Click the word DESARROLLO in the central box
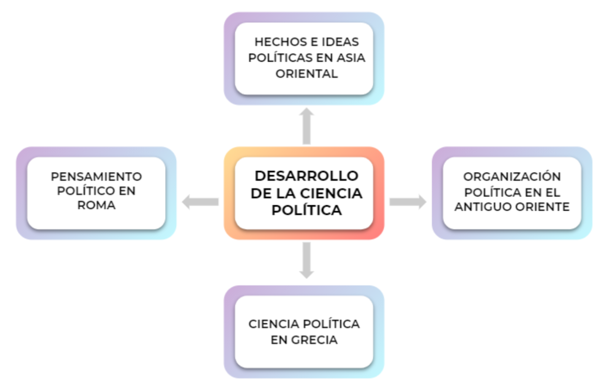(306, 176)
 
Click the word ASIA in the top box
(351, 58)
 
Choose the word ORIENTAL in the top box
(307, 74)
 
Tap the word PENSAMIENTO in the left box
(96, 176)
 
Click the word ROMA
(96, 205)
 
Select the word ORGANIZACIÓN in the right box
(512, 176)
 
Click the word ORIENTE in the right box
(543, 207)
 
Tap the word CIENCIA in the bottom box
(274, 324)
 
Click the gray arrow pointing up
(306, 126)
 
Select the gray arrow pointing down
(306, 260)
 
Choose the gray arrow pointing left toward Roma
(200, 202)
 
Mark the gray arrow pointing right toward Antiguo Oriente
(408, 202)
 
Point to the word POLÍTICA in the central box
(307, 210)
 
